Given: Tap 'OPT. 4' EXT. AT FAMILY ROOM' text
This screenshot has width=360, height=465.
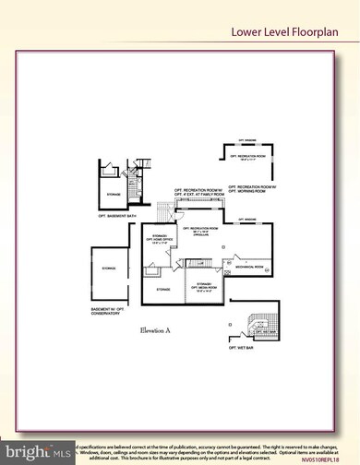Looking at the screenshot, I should click(x=198, y=199).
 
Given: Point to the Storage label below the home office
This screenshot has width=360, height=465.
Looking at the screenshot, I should click(x=162, y=290).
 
